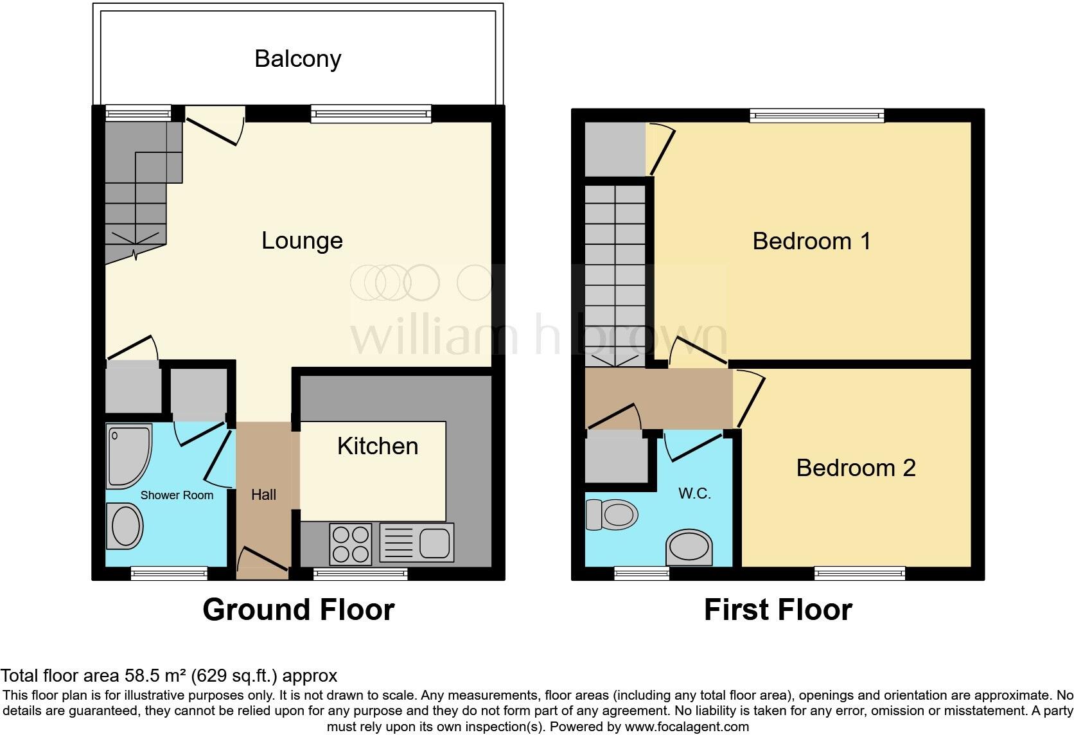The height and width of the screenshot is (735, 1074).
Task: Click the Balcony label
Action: pos(297,58)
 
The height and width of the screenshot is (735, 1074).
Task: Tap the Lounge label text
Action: pos(302,240)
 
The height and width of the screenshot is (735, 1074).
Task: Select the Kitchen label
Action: pos(377,446)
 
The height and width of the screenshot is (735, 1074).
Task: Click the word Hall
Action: pos(263,495)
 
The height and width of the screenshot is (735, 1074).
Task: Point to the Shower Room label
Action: pos(177,495)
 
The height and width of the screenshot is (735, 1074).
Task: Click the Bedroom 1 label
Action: pos(811,241)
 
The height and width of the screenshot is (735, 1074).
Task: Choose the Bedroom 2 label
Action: pos(856,468)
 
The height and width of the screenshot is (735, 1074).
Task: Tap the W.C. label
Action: pos(694,494)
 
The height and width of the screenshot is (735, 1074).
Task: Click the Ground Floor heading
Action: pos(298,610)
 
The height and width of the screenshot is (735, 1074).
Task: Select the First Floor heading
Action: pos(777,610)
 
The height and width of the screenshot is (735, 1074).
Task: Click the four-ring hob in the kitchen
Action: pos(351,544)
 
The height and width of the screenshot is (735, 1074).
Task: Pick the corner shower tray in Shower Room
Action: pos(128,454)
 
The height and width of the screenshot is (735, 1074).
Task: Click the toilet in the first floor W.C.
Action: pos(612,515)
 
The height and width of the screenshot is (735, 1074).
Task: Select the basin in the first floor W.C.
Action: pos(690,547)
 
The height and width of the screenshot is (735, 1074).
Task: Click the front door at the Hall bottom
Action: pos(262,561)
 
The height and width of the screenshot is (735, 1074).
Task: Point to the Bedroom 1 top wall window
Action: pos(816,116)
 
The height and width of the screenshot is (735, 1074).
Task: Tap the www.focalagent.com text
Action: pos(686,727)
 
